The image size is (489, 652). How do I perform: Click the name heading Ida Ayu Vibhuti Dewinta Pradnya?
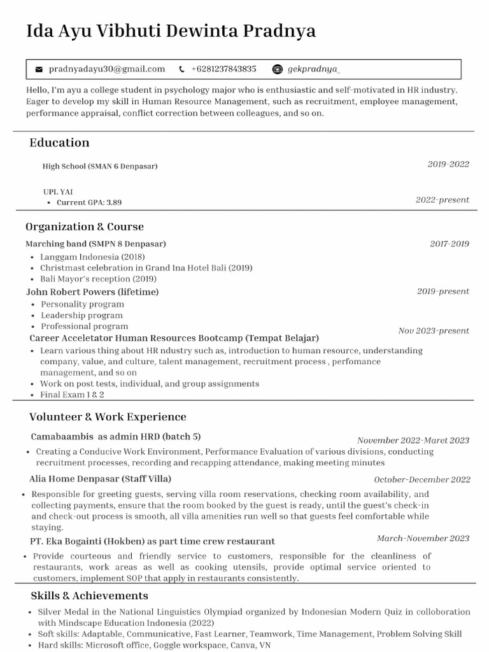[171, 31]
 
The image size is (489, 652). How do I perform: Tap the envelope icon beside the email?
[39, 69]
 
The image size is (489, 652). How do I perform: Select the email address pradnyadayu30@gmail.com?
[106, 69]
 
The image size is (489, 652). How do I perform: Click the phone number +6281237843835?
[223, 69]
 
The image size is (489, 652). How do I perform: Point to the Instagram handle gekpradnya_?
[314, 69]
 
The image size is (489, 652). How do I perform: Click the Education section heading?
[59, 143]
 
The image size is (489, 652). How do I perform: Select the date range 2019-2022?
[448, 164]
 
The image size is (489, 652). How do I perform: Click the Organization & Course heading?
[85, 227]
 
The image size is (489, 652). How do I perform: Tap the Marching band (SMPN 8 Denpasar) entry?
[96, 244]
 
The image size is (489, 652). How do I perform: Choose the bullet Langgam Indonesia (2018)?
[92, 257]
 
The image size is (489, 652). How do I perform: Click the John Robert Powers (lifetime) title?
[92, 292]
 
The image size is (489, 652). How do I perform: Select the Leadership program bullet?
[82, 315]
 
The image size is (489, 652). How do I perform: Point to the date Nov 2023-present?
[434, 331]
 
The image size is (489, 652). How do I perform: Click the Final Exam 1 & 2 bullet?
[72, 395]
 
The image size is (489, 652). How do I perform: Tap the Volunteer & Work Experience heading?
[108, 417]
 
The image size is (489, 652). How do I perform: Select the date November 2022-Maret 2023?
[413, 441]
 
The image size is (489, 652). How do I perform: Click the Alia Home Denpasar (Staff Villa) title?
[100, 478]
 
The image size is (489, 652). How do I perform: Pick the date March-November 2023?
[423, 539]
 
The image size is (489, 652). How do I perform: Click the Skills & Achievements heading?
[89, 596]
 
